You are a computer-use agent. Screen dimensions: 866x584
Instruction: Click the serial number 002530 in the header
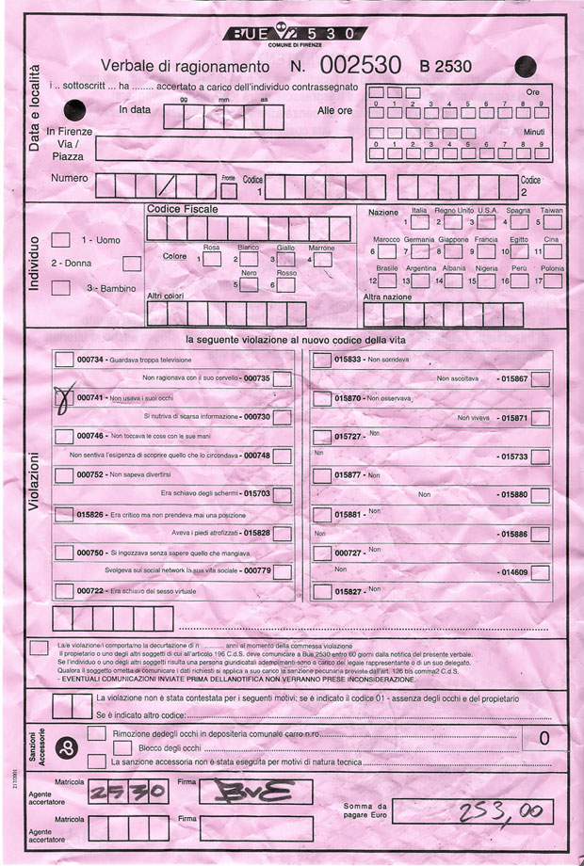(x=362, y=65)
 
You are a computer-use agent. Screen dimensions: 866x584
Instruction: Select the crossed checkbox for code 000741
(x=64, y=400)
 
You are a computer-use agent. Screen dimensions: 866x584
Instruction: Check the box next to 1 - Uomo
(x=60, y=240)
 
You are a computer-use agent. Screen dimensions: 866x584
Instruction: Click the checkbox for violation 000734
(x=64, y=359)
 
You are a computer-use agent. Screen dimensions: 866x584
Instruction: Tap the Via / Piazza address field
(x=223, y=149)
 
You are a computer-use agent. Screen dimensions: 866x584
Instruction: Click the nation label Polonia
(x=552, y=268)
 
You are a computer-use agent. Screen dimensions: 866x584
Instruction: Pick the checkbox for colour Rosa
(x=212, y=257)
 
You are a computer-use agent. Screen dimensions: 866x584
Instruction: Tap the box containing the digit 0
(x=543, y=738)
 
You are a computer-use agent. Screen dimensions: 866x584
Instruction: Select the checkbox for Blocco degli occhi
(x=96, y=747)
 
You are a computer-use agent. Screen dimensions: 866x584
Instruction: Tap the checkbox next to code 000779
(x=282, y=570)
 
